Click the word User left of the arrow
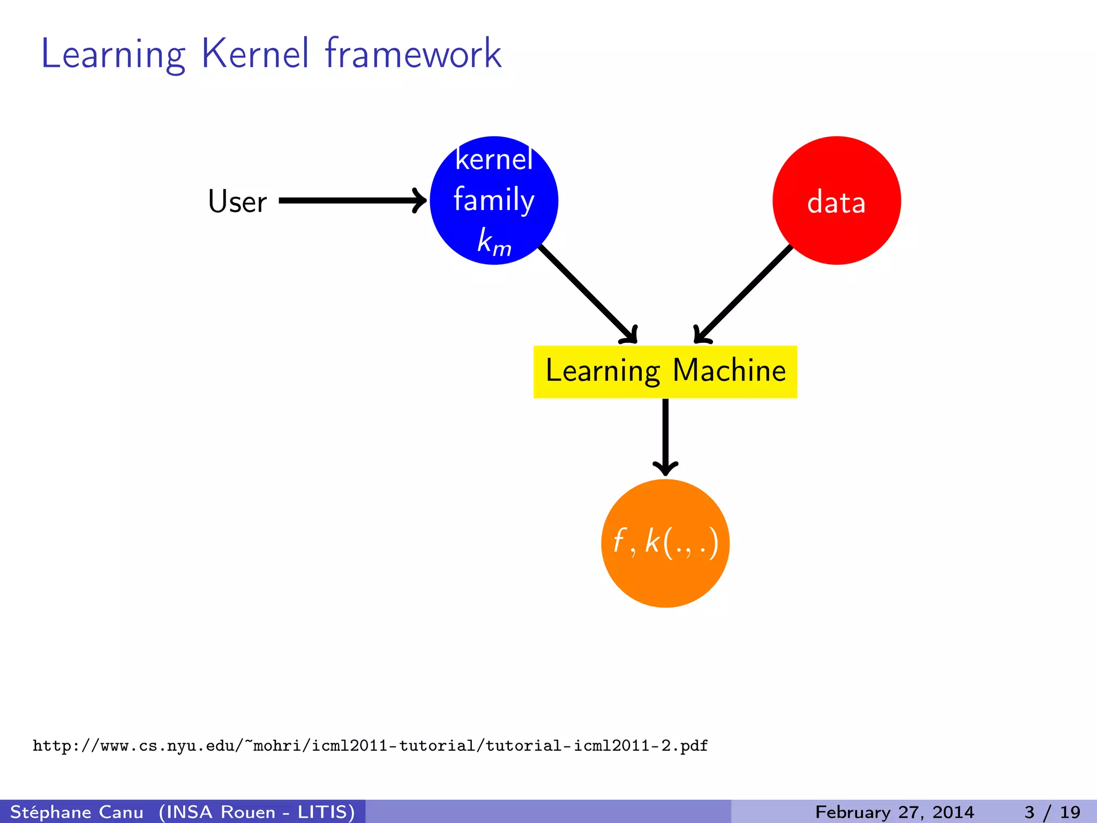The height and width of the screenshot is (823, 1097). click(237, 201)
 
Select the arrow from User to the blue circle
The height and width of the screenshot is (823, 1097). click(351, 200)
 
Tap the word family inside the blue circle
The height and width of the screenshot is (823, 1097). click(494, 200)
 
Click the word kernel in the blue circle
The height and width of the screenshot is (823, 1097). click(494, 160)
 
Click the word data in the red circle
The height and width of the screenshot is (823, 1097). click(836, 203)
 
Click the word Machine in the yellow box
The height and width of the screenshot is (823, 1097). click(729, 371)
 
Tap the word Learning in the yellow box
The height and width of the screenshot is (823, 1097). click(603, 371)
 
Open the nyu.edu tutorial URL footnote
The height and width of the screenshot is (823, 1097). click(370, 745)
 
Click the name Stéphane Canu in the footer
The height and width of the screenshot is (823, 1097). click(77, 812)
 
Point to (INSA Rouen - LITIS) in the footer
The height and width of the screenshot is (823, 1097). click(257, 812)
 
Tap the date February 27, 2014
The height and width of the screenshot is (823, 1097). click(894, 812)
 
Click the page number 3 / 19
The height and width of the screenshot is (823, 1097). click(1052, 812)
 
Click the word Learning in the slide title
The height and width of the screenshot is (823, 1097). click(113, 55)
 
